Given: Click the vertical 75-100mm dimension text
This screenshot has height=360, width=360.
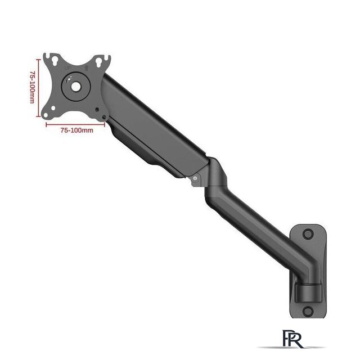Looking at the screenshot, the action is tap(33, 87).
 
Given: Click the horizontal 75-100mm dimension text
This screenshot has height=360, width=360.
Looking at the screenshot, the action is tap(77, 130).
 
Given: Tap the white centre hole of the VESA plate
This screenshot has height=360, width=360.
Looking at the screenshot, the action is tap(76, 87).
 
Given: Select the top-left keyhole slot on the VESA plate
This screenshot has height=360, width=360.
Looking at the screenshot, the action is tap(55, 61).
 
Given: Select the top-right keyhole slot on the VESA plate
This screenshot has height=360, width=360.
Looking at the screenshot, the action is tap(99, 62).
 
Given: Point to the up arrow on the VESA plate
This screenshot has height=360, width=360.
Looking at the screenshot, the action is tap(87, 68).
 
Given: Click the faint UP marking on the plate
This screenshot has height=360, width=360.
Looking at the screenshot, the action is tap(67, 68).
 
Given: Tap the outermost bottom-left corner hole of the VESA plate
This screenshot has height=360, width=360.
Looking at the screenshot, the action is tap(46, 115).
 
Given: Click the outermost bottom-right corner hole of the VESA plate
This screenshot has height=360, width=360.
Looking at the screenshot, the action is tap(104, 118).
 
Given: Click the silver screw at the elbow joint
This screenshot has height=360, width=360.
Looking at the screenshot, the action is tap(195, 178).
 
